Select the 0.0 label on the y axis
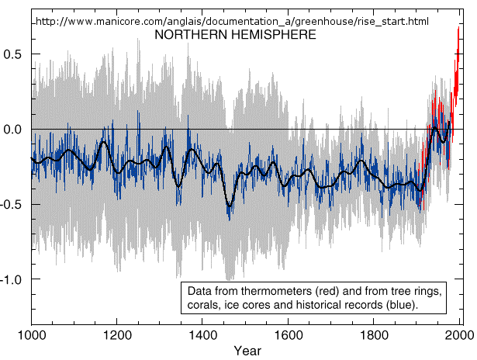pyautogui.click(x=15, y=129)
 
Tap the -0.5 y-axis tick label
pyautogui.click(x=12, y=204)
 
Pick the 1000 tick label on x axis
pyautogui.click(x=31, y=336)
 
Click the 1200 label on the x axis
pyautogui.click(x=116, y=336)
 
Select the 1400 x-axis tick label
pyautogui.click(x=202, y=336)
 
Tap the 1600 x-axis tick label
pyautogui.click(x=289, y=336)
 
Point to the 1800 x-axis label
pyautogui.click(x=375, y=336)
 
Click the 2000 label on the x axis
pyautogui.click(x=459, y=336)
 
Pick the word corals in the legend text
pyautogui.click(x=204, y=306)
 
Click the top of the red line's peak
pyautogui.click(x=458, y=29)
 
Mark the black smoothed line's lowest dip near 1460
pyautogui.click(x=229, y=207)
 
